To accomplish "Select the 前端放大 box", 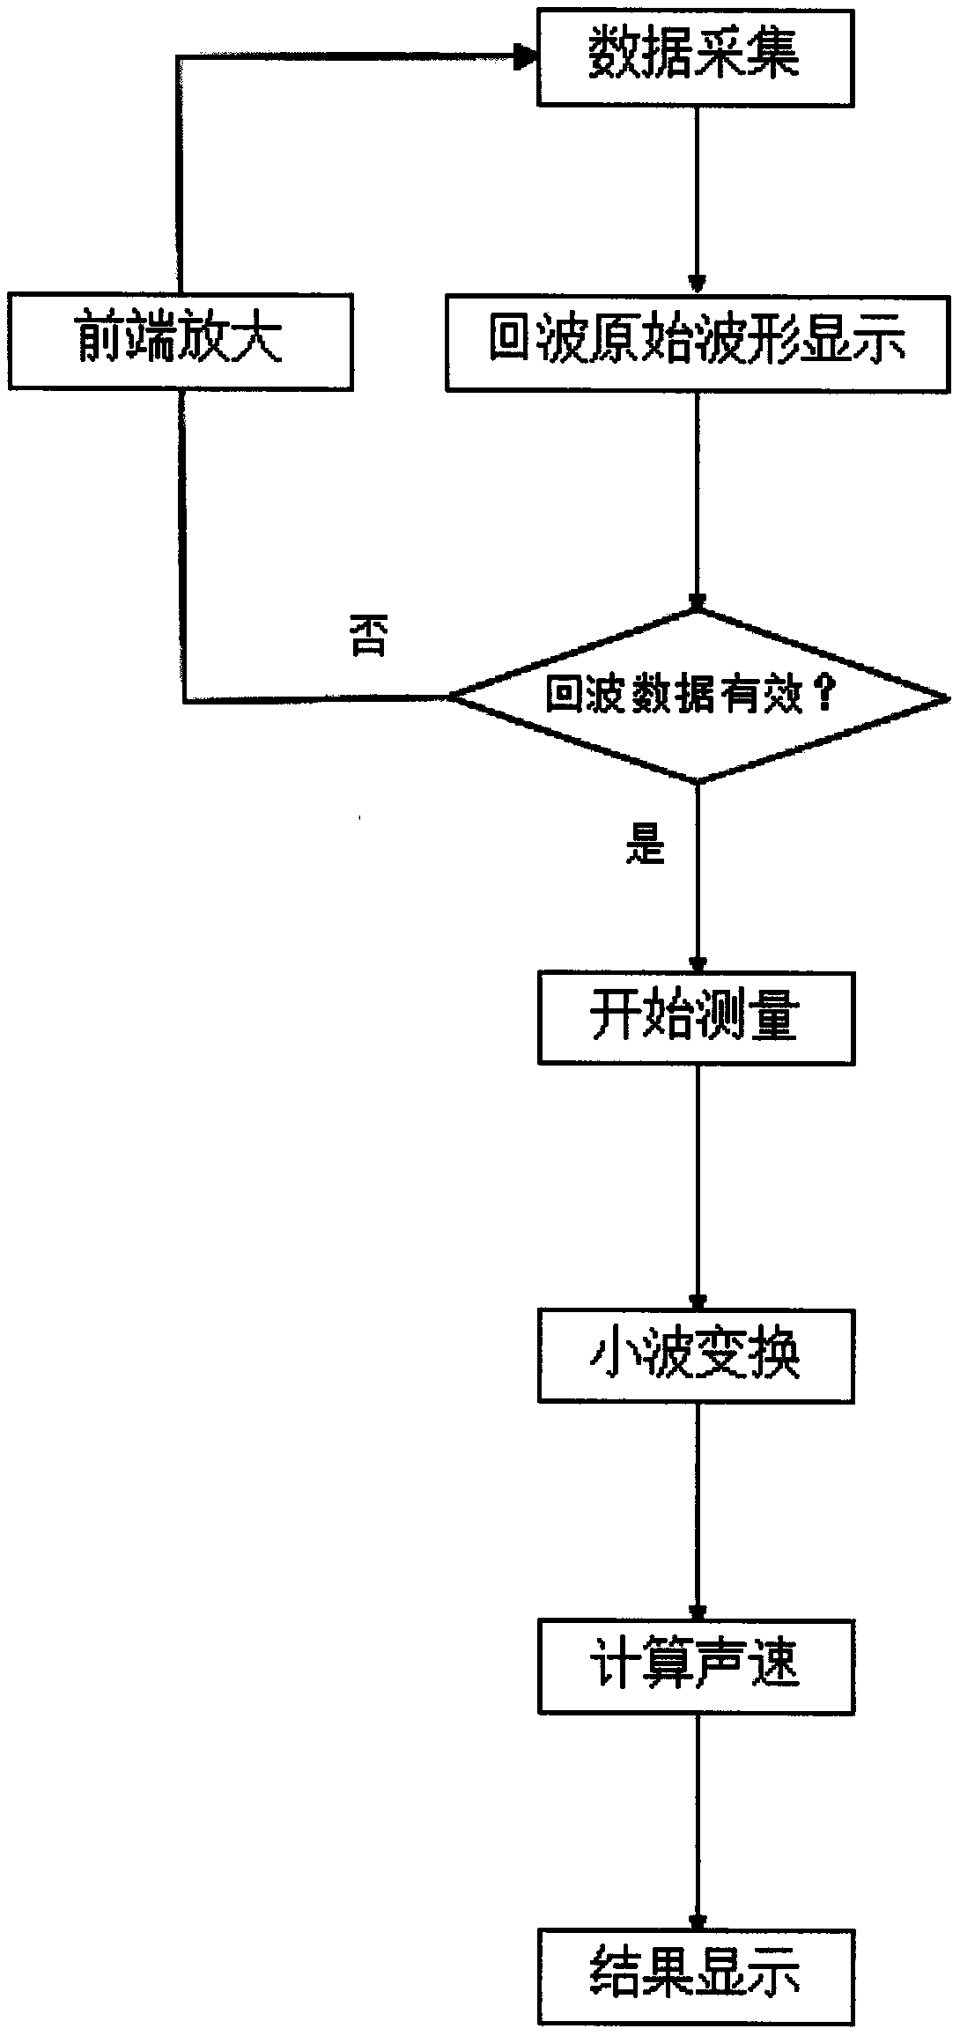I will coord(181,341).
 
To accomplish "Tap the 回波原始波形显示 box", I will coord(698,342).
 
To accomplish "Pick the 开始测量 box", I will coord(696,1017).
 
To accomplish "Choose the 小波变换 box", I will coord(696,1355).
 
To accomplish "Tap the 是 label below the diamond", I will coord(645,846).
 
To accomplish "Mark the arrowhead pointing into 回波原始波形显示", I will coord(698,284).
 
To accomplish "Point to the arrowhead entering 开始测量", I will coord(698,963).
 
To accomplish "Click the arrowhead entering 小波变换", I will coord(698,1302).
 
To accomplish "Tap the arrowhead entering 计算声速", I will coord(698,1613).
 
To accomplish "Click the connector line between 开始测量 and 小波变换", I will coord(698,1180).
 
